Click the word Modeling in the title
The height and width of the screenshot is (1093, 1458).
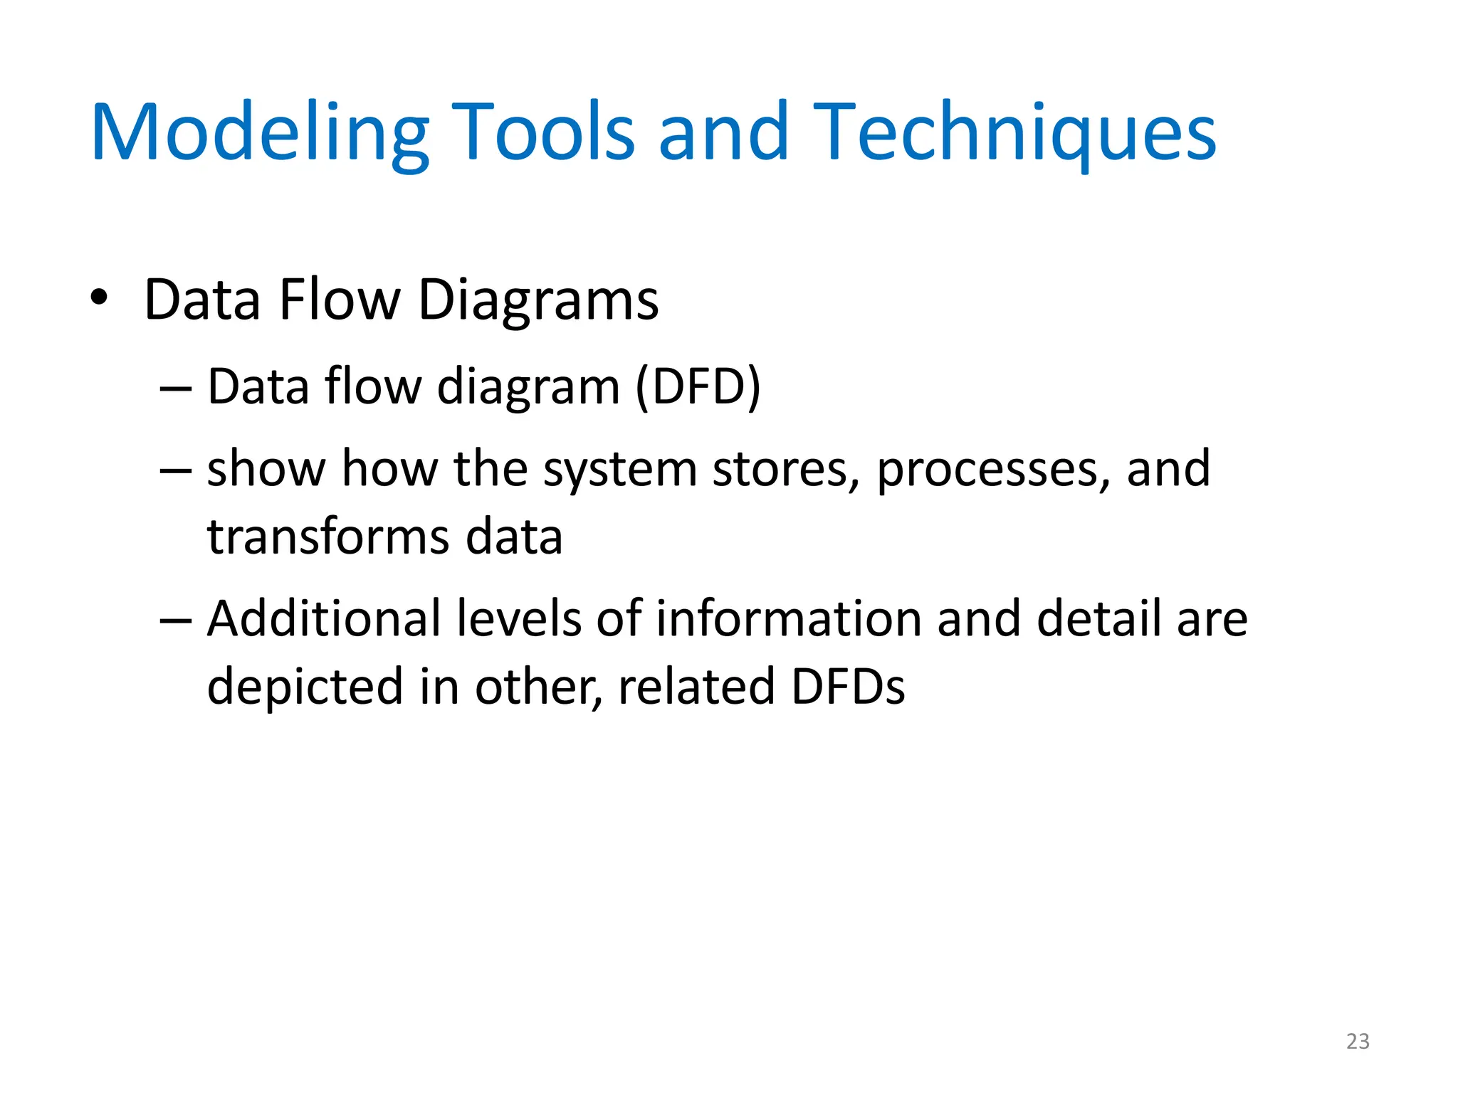[260, 133]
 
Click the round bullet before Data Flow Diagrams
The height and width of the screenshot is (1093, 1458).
[99, 298]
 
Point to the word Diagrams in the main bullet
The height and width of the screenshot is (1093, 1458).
[538, 300]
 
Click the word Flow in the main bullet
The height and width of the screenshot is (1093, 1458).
[340, 299]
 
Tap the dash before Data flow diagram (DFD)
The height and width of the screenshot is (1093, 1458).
[176, 389]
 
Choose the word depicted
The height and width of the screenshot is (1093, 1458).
[305, 686]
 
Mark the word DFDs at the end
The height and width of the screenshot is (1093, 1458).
[848, 686]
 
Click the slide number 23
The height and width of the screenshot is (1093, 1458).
[1358, 1041]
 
